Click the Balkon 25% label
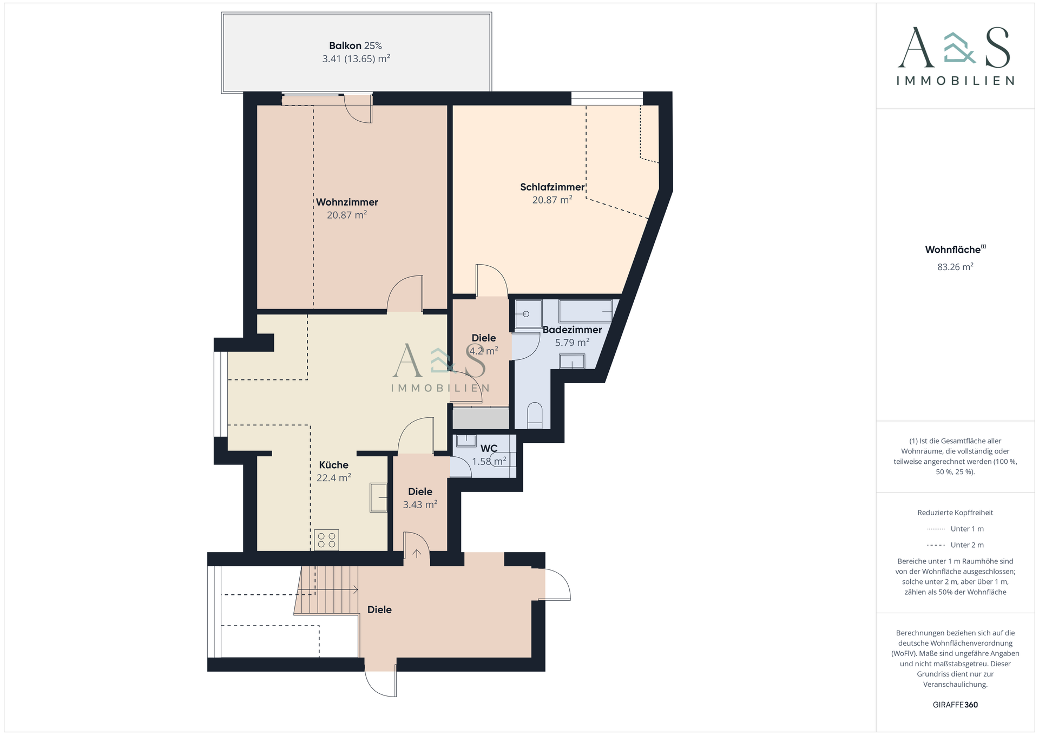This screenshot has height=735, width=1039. [x=356, y=46]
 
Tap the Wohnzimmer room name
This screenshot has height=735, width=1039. [x=347, y=202]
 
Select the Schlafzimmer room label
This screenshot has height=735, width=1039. [x=553, y=187]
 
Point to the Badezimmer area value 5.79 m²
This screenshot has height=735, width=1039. [x=572, y=343]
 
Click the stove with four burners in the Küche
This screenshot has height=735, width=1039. [x=327, y=540]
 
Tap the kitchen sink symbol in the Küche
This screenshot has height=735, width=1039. [x=379, y=497]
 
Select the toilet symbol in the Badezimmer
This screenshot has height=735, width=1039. [x=535, y=416]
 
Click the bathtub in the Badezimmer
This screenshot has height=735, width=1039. [x=586, y=312]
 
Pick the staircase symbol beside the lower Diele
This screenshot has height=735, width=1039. [x=327, y=590]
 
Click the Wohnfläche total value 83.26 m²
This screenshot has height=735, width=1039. [x=955, y=267]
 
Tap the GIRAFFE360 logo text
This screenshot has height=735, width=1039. [x=955, y=705]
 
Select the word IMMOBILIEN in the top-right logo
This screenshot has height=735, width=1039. [x=955, y=81]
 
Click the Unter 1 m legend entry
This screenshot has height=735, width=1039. [x=955, y=529]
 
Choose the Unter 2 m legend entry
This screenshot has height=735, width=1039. [x=955, y=545]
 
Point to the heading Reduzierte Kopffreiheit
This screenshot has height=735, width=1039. [x=955, y=513]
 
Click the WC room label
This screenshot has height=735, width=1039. [x=489, y=449]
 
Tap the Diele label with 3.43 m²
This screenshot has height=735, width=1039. [x=420, y=491]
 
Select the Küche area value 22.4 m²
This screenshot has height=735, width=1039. [x=334, y=478]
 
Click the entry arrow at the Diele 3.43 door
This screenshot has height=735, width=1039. [x=417, y=553]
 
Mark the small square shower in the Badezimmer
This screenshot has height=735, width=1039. [x=528, y=314]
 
